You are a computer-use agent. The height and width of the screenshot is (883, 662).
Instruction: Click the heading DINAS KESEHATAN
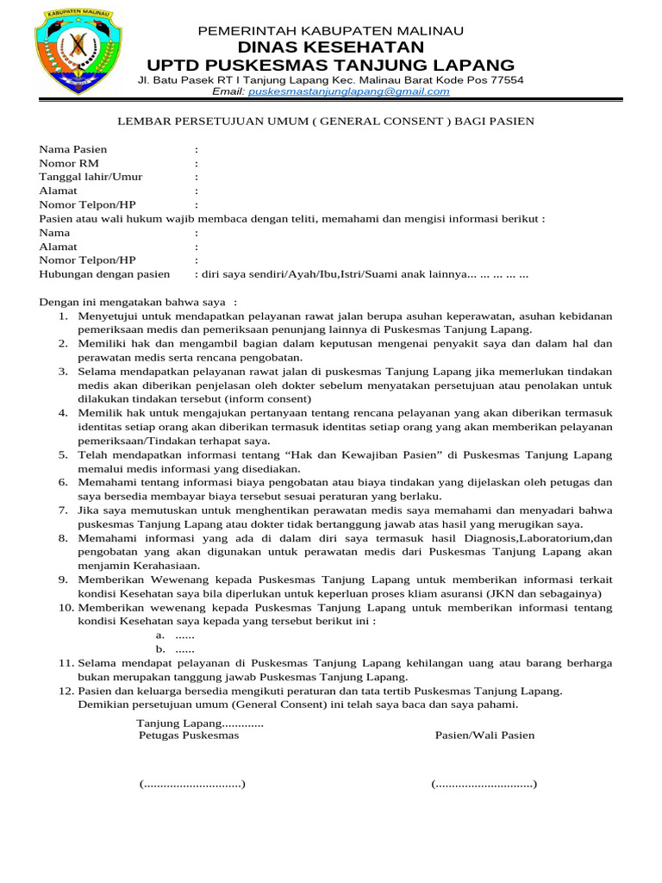(x=331, y=47)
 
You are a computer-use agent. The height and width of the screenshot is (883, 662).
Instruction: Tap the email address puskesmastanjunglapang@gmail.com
(x=348, y=91)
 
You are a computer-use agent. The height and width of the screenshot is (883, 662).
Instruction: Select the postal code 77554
(x=505, y=79)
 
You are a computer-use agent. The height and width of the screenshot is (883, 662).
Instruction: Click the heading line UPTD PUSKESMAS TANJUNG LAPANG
(x=331, y=66)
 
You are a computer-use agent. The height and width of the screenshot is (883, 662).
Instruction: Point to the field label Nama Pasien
(x=73, y=149)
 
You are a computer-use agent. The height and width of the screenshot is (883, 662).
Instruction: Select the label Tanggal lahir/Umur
(x=91, y=177)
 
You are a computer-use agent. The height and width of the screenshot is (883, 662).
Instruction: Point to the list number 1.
(x=64, y=316)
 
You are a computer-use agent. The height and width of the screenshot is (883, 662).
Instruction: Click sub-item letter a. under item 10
(x=160, y=635)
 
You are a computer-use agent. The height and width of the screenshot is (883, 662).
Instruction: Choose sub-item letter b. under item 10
(x=160, y=648)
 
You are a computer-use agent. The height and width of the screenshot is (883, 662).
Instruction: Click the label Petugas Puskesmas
(x=189, y=736)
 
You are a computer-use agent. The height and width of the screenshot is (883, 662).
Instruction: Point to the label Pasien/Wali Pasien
(x=484, y=736)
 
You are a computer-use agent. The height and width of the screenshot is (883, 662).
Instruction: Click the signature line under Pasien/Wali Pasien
(x=484, y=784)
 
